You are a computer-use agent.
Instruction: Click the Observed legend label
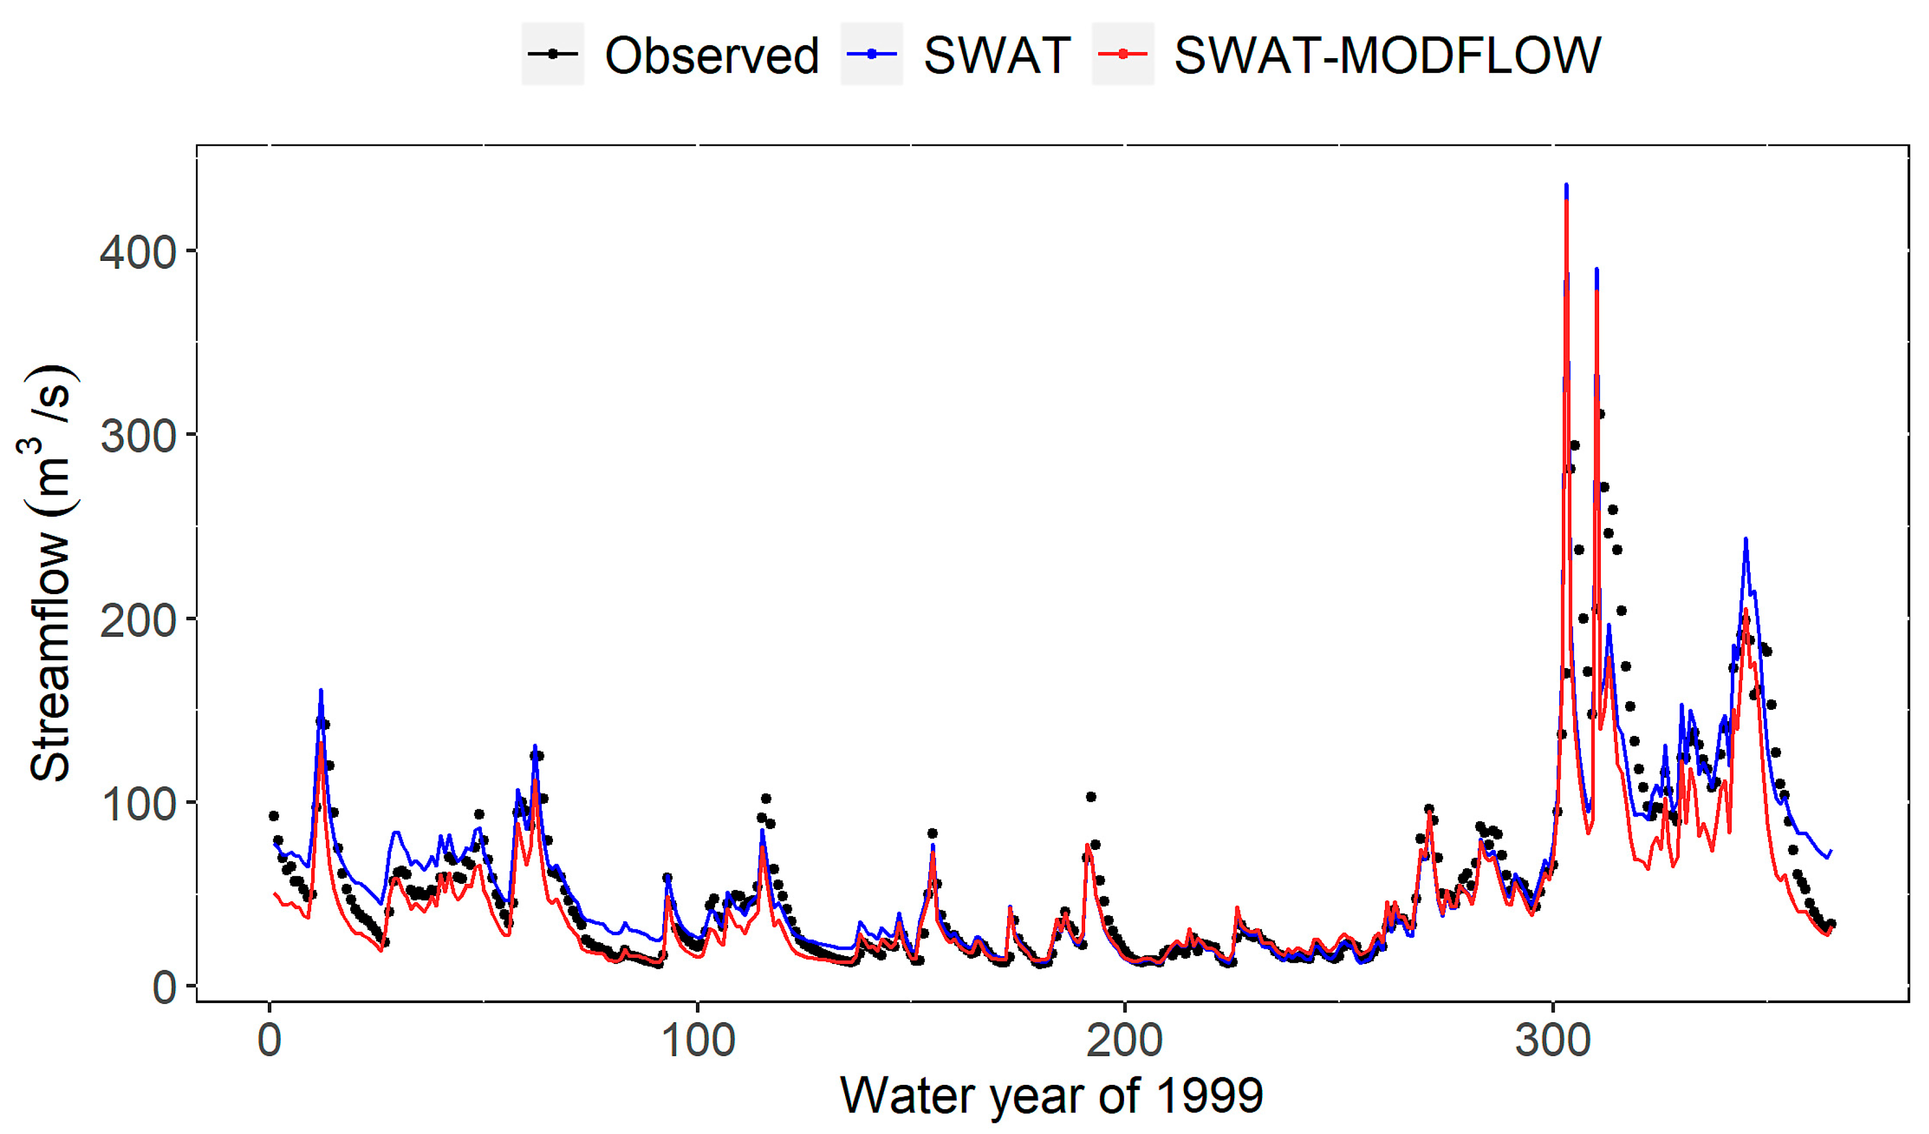coord(711,55)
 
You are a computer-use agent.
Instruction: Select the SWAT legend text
coord(996,55)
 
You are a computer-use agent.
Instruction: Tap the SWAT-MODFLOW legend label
coord(1387,55)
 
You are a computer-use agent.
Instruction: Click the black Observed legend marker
coord(552,54)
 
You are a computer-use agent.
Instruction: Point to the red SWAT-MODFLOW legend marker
coord(1122,54)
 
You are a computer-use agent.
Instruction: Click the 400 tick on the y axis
coord(138,252)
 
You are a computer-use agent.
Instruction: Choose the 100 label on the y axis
coord(138,804)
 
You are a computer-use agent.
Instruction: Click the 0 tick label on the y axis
coord(164,988)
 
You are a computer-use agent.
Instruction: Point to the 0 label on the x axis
coord(269,1041)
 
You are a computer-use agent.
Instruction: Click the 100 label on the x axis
coord(698,1041)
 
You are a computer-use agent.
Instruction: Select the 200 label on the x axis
coord(1125,1041)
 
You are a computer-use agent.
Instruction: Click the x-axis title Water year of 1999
coord(1051,1096)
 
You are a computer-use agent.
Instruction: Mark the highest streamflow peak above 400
coord(1566,186)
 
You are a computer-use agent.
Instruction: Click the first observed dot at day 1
coord(273,815)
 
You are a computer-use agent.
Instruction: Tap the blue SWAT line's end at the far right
coord(1830,851)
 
